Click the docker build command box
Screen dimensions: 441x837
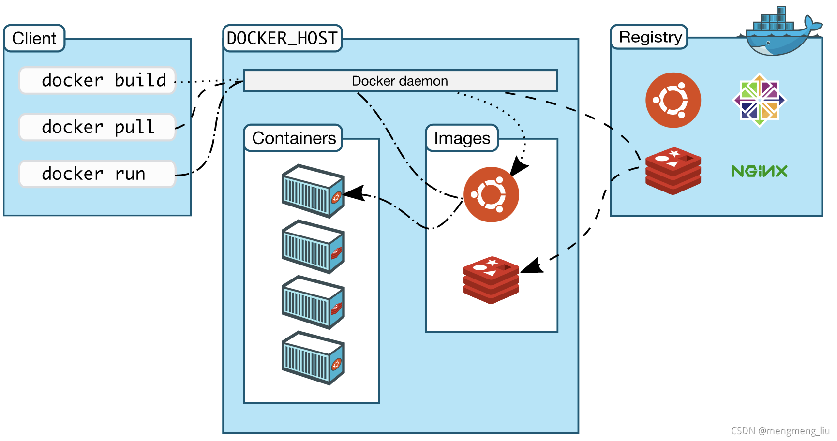pos(97,80)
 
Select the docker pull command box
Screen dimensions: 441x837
pos(97,127)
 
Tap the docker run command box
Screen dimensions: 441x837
pos(97,174)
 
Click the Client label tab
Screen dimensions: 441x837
pos(34,38)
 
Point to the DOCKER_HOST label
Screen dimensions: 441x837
pos(282,38)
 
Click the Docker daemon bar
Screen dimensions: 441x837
pos(400,81)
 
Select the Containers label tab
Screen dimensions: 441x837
pos(294,138)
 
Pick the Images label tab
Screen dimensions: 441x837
pos(462,138)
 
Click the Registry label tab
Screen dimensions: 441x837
pos(650,37)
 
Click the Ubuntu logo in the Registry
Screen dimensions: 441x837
pos(673,100)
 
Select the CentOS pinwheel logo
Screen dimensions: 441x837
pos(760,100)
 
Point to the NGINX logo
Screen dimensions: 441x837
pos(759,171)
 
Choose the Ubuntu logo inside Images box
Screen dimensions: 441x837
pos(491,194)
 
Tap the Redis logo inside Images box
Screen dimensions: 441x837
pos(491,280)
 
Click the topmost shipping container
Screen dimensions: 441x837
pos(313,191)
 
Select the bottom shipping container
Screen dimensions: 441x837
pos(313,358)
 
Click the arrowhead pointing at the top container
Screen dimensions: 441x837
pos(354,193)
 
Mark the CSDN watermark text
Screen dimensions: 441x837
pos(780,431)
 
